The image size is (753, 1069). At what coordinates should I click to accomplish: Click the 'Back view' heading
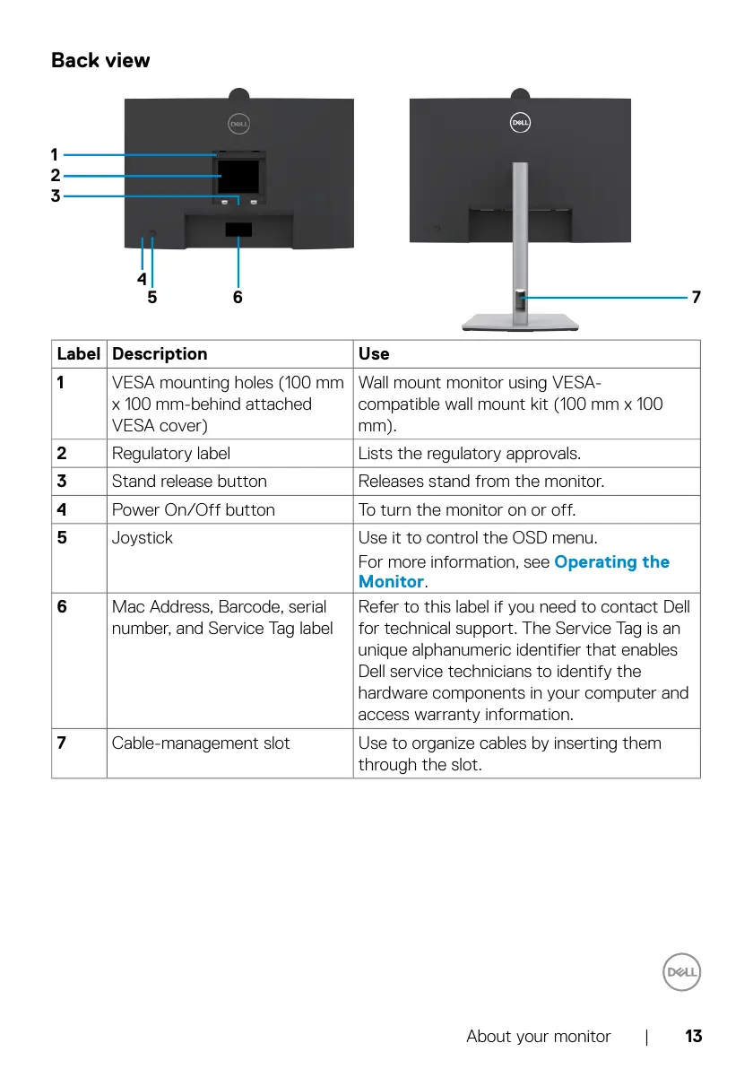(100, 60)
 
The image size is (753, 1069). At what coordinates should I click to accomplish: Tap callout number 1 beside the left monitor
(55, 154)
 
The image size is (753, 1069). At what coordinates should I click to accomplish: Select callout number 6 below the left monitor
(238, 297)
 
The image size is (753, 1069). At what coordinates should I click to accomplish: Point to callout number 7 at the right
(696, 296)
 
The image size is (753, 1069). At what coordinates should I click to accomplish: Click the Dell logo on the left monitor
(238, 125)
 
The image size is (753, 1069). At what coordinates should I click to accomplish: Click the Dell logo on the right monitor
(521, 123)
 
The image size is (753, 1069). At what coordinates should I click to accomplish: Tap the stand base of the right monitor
(520, 324)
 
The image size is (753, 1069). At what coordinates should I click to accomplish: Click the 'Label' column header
(78, 354)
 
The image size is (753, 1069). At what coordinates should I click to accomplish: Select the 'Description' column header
(160, 354)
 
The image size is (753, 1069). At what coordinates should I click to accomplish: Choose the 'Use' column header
(374, 354)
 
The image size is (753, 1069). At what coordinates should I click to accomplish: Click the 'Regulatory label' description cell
(170, 454)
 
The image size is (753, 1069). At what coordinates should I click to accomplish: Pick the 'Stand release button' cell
(189, 482)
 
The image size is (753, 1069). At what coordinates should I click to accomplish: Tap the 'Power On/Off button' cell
(193, 510)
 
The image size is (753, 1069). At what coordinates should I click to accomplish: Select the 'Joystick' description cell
(143, 538)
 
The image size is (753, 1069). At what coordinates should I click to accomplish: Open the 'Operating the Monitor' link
(611, 562)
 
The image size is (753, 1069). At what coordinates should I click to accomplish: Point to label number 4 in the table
(62, 510)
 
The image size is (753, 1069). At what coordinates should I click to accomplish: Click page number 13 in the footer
(693, 1037)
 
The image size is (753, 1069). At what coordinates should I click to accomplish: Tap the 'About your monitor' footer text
(538, 1037)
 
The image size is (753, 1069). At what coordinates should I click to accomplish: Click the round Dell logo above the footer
(682, 972)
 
